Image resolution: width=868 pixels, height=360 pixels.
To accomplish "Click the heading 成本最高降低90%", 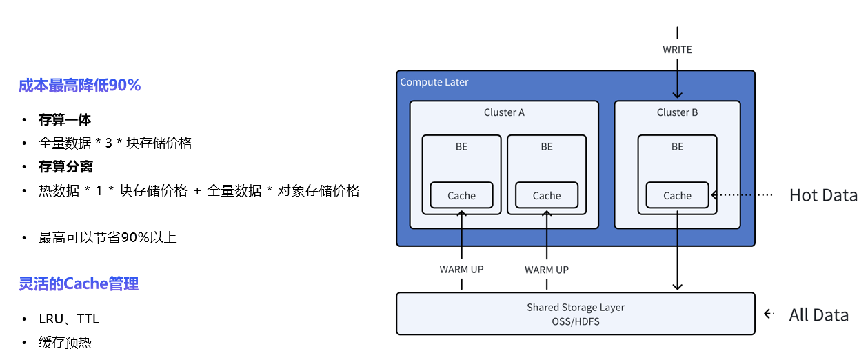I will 79,86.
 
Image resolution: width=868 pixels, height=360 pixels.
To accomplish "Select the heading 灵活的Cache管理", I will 79,283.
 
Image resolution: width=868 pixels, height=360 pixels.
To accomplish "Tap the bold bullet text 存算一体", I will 65,120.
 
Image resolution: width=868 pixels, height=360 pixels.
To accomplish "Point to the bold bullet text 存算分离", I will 65,167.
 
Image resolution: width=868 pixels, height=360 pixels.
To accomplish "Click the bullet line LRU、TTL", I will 69,319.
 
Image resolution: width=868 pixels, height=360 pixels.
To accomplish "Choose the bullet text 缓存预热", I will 65,342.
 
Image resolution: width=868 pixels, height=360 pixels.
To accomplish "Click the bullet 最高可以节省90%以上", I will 108,238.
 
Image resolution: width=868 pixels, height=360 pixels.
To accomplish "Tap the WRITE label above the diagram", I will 677,50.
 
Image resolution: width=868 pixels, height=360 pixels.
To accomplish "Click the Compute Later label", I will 434,82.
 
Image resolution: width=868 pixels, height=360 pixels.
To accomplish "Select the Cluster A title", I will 504,112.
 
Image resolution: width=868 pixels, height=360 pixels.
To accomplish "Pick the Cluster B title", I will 677,112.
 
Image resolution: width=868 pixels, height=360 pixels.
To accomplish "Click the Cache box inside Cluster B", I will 677,195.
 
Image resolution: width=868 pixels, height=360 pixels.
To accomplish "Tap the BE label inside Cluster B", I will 677,146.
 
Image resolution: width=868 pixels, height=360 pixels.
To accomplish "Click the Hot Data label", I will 823,195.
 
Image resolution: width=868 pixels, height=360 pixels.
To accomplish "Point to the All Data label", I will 819,315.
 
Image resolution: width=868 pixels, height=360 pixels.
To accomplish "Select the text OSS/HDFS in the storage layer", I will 575,321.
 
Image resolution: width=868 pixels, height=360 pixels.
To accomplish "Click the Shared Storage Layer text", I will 575,308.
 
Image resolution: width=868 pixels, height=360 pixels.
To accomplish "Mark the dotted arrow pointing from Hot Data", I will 743,195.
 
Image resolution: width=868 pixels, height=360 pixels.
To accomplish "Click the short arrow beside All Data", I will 769,314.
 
